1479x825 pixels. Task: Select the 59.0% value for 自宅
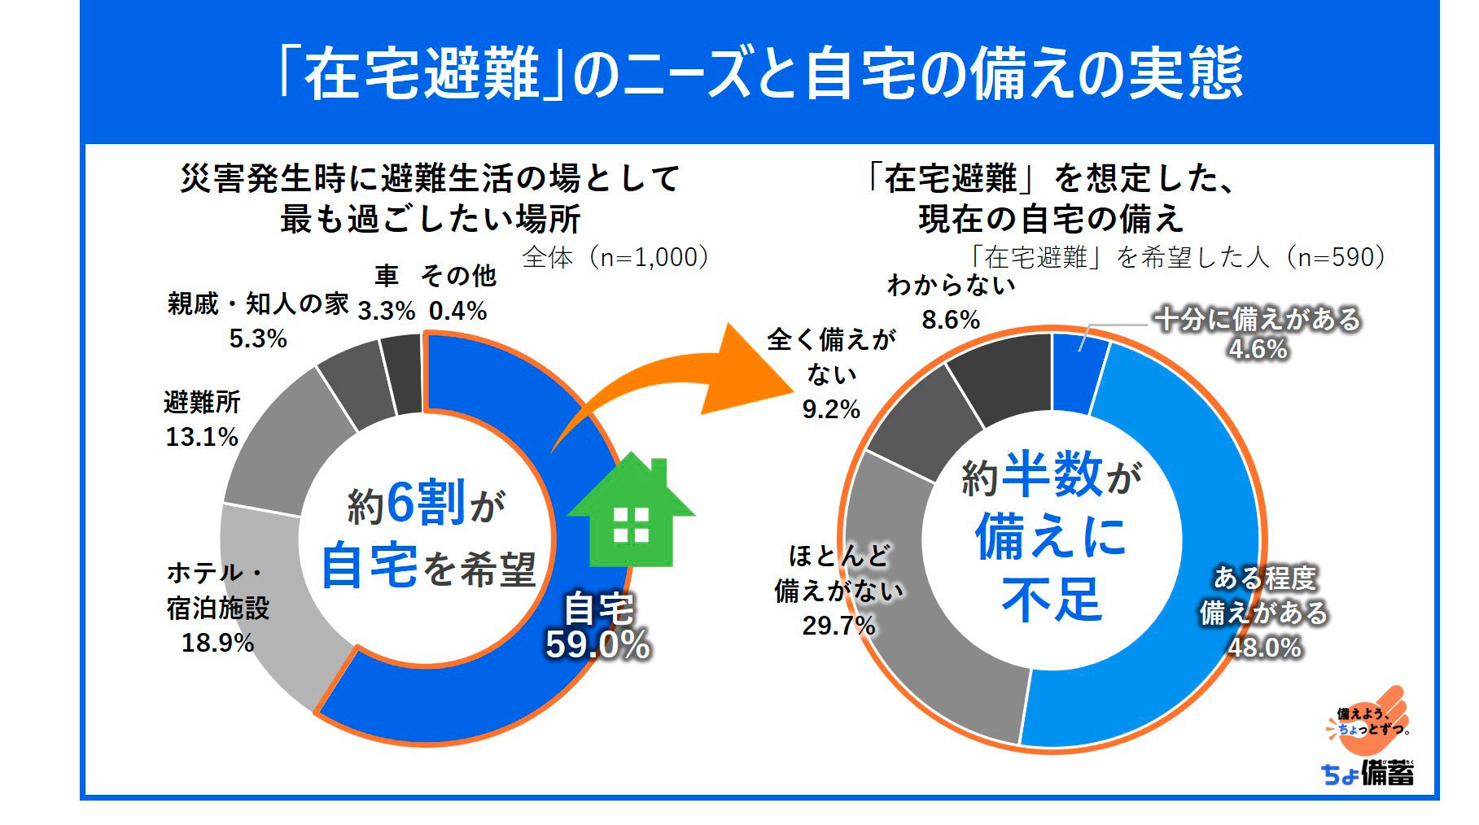click(598, 645)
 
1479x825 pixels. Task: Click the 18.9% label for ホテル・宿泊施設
click(217, 643)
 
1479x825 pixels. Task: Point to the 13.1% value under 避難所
click(202, 437)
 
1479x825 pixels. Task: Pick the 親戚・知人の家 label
click(258, 304)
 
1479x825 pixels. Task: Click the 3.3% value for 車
click(387, 311)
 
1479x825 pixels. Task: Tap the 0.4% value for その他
click(458, 311)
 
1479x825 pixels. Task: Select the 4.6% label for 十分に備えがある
click(1258, 350)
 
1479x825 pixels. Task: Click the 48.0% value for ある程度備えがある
click(1265, 648)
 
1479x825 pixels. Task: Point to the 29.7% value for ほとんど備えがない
click(839, 626)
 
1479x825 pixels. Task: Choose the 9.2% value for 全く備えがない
click(831, 409)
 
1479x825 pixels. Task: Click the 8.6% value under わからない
click(951, 320)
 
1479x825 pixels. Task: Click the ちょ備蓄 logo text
click(1367, 773)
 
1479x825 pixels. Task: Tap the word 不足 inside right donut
click(1052, 600)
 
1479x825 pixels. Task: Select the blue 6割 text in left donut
click(426, 502)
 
